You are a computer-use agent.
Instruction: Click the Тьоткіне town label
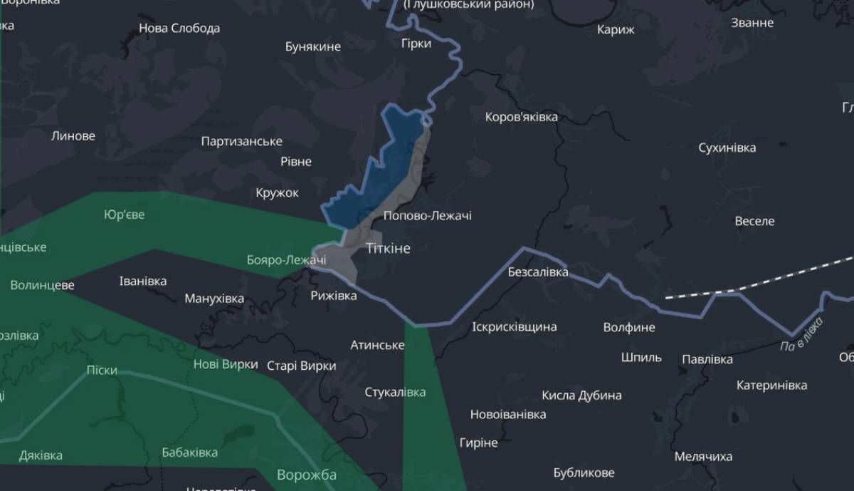pyautogui.click(x=388, y=248)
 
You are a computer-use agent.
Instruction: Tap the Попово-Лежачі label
pyautogui.click(x=427, y=216)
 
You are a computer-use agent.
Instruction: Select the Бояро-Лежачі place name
pyautogui.click(x=286, y=260)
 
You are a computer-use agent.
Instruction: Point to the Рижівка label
pyautogui.click(x=334, y=295)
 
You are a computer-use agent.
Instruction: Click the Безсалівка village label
pyautogui.click(x=538, y=272)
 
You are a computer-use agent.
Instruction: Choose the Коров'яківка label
pyautogui.click(x=521, y=117)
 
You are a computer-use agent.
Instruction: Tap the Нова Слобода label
pyautogui.click(x=179, y=29)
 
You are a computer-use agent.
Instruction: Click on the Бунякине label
pyautogui.click(x=313, y=47)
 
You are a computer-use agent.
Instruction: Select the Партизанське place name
pyautogui.click(x=242, y=142)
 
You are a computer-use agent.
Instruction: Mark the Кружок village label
pyautogui.click(x=278, y=193)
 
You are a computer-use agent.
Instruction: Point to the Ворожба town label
pyautogui.click(x=307, y=475)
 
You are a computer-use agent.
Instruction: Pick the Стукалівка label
pyautogui.click(x=396, y=393)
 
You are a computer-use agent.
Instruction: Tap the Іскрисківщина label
pyautogui.click(x=515, y=327)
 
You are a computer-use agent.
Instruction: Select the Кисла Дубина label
pyautogui.click(x=581, y=396)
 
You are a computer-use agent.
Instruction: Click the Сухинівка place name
pyautogui.click(x=727, y=148)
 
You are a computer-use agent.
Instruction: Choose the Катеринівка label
pyautogui.click(x=771, y=386)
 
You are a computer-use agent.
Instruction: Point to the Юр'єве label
pyautogui.click(x=124, y=215)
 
